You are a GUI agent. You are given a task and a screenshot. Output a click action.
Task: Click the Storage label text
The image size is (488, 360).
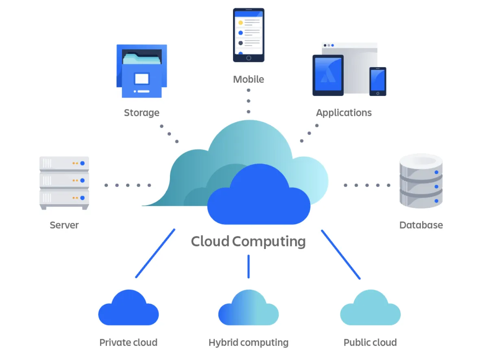point(142,113)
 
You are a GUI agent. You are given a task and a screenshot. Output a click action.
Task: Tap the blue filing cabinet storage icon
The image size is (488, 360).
point(142,71)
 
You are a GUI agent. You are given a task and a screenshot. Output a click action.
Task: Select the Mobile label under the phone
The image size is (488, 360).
point(248,79)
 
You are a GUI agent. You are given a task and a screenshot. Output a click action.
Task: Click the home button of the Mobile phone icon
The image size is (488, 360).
point(248,58)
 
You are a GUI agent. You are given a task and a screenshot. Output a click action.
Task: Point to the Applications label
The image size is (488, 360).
point(344,113)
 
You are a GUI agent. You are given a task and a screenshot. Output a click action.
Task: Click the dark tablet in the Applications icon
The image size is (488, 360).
point(328,75)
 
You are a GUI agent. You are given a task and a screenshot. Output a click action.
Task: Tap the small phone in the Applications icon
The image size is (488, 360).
point(377,81)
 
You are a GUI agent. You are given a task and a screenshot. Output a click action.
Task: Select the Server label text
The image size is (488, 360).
point(64,225)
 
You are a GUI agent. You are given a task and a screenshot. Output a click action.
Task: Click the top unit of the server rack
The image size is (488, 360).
point(64,164)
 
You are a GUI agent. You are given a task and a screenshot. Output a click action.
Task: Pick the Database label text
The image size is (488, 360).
point(421,225)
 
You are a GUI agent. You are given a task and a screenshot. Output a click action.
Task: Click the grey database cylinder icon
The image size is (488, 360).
point(421,181)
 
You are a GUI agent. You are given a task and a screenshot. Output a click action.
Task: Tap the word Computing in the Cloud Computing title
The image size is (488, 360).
point(269,241)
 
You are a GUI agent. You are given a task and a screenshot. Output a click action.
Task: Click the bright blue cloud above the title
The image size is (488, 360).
point(259,199)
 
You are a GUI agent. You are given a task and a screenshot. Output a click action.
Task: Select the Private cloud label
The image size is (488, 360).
point(128,343)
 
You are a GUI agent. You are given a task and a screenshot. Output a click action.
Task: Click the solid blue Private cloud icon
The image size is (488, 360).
point(128,309)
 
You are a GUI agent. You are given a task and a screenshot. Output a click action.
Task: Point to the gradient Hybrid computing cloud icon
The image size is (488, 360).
point(248,309)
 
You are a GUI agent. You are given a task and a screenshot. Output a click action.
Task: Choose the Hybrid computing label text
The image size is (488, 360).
point(248,343)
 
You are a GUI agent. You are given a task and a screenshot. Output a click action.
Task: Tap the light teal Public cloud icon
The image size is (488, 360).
point(370,309)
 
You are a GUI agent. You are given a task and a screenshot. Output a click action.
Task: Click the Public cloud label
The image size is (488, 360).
point(370,343)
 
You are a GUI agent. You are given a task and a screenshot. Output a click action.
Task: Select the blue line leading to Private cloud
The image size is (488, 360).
point(155,253)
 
